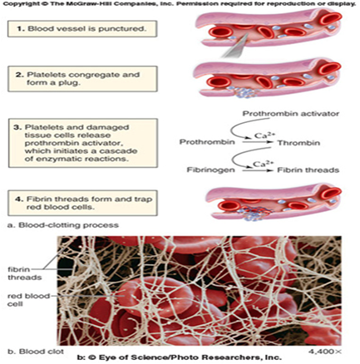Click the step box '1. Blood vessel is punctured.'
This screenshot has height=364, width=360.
point(82,28)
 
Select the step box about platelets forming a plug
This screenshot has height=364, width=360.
point(82,79)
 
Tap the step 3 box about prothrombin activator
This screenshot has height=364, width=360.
point(83,143)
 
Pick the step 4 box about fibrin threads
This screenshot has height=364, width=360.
point(82,203)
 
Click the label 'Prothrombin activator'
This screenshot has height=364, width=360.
point(291,114)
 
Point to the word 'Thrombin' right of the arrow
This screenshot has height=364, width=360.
point(298,143)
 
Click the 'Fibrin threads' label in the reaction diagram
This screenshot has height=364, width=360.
point(308,170)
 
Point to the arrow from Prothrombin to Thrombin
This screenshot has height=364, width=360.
point(256,142)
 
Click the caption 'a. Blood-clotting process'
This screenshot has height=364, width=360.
point(63,224)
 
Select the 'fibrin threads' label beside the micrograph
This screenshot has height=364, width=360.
point(24,273)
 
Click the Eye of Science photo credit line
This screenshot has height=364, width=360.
point(179,357)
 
